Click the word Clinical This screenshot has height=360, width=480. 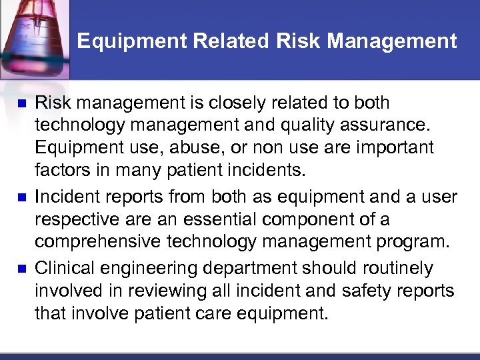coord(64,269)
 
